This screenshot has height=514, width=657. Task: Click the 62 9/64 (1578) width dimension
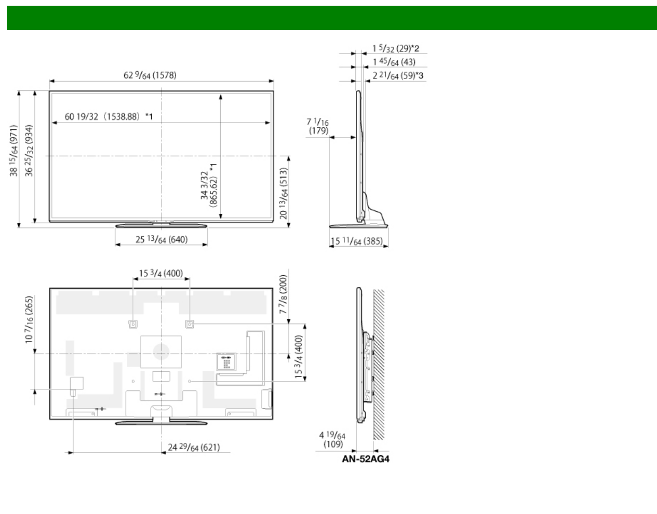point(150,75)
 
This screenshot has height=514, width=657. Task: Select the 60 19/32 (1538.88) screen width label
point(109,116)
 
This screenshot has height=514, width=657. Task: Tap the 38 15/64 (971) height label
point(14,151)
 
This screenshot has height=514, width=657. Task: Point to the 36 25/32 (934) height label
point(29,151)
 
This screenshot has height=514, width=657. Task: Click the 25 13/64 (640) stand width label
point(162,240)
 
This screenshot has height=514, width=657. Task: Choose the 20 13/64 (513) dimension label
point(284,193)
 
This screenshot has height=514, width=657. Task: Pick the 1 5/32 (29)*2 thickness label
point(396,48)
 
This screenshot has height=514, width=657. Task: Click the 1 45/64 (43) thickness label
point(394,62)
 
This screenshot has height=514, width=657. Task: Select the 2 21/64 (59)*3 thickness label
point(398,76)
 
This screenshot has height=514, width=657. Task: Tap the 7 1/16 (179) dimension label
point(318,126)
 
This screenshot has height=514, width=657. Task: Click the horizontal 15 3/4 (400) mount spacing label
point(161,273)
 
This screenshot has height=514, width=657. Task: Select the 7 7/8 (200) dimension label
point(283,294)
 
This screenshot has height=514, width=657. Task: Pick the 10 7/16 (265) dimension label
point(29,320)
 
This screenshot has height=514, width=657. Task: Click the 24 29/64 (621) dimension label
point(194,448)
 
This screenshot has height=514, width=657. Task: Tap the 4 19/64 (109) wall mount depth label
point(332,440)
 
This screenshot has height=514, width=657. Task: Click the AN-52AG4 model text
point(366,459)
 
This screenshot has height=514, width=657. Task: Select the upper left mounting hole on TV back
point(133,324)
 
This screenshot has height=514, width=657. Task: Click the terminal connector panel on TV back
point(226,361)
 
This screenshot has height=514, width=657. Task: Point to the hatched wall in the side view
point(379,364)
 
